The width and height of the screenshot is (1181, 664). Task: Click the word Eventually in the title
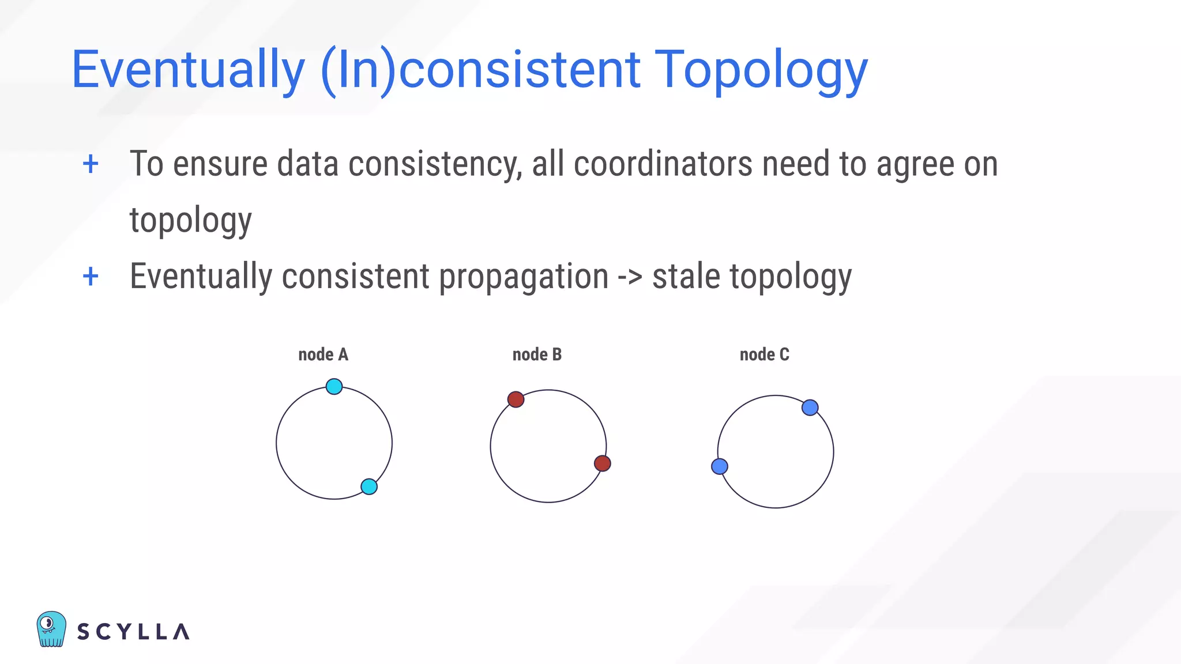(x=188, y=70)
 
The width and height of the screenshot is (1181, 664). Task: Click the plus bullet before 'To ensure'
(x=91, y=164)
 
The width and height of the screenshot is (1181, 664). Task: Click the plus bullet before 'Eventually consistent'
(x=91, y=277)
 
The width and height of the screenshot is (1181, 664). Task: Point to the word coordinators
(x=663, y=164)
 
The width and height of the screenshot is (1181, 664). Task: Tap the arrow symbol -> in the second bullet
(x=630, y=277)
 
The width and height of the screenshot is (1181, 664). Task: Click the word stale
(x=686, y=277)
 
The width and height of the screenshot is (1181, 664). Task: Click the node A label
(x=323, y=354)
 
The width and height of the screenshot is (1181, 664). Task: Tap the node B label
(x=537, y=354)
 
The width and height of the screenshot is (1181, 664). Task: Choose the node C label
(x=764, y=354)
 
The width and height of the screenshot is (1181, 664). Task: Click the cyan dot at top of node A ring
(x=334, y=386)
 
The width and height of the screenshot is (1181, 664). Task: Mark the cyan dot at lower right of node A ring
(x=369, y=486)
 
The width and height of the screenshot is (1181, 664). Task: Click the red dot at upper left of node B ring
(x=516, y=399)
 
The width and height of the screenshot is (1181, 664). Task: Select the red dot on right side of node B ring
(x=602, y=463)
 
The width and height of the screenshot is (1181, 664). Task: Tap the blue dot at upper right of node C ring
(x=810, y=408)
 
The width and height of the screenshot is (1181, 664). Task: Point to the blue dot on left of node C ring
(x=720, y=466)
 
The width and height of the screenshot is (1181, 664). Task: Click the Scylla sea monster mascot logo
(x=51, y=629)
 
